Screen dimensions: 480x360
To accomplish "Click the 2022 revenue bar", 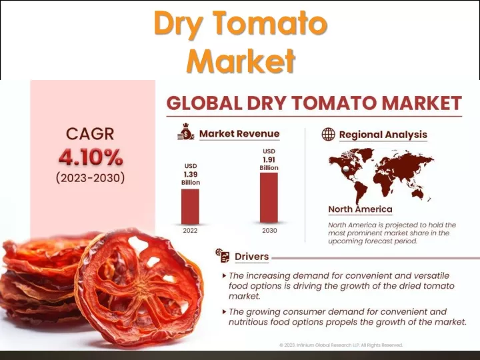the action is pos(190,207).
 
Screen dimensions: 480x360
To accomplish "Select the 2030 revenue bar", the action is pos(269,198).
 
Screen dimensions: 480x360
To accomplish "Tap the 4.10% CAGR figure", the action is pos(91,157).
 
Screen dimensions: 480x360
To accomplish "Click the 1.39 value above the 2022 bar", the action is pos(191,175).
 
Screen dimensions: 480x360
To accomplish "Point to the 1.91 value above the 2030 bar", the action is pos(269,160).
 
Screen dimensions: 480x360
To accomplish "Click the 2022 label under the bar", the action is pos(190,231).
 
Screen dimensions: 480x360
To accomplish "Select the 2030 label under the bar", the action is pos(269,231).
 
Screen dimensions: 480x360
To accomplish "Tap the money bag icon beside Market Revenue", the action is pos(185,131).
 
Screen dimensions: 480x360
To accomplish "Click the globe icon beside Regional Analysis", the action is pos(329,134).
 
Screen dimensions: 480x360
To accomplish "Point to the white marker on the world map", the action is pos(346,169).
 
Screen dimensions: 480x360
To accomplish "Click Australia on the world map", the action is pos(417,193).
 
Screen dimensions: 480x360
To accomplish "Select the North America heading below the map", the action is pos(360,209).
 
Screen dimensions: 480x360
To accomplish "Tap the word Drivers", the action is pos(251,257).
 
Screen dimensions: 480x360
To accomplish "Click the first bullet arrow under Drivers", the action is pos(225,276).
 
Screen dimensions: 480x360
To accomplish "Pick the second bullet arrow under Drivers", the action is pos(225,312).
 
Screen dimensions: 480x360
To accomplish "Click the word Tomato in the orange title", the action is pos(277,23).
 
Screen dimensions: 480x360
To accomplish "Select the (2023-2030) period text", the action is pos(90,178).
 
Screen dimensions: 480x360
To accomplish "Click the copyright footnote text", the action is pos(341,345).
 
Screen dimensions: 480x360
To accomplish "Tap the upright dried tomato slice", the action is pos(139,286).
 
